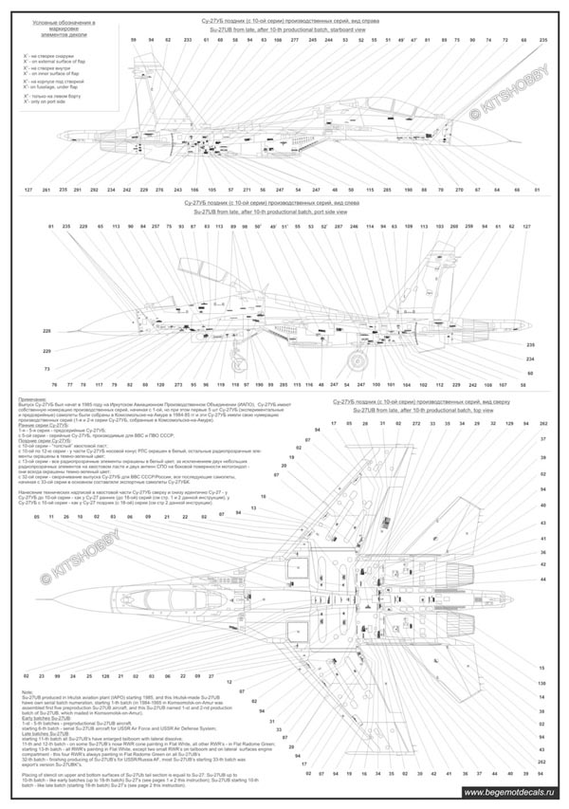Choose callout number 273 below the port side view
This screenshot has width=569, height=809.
pyautogui.click(x=177, y=384)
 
